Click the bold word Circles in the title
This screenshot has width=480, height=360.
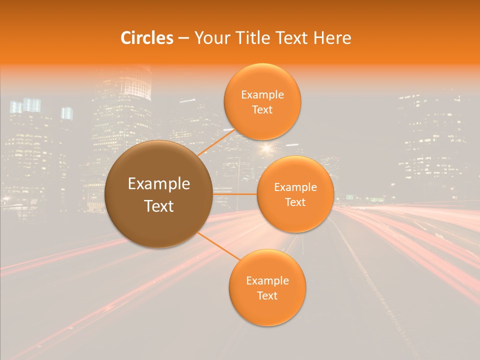point(147,38)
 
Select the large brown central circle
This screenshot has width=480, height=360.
point(158,194)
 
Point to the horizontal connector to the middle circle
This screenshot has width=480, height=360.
point(235,194)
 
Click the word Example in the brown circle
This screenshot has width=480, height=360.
point(158,183)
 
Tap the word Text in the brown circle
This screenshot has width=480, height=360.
point(158,205)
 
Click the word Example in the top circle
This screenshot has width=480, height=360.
point(262,94)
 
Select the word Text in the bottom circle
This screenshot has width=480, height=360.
point(267,295)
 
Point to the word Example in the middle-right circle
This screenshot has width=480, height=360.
point(295,187)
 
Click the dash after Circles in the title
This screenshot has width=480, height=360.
point(183,38)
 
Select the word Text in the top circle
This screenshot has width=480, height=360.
point(262,109)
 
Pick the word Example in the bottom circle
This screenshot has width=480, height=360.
point(267,280)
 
